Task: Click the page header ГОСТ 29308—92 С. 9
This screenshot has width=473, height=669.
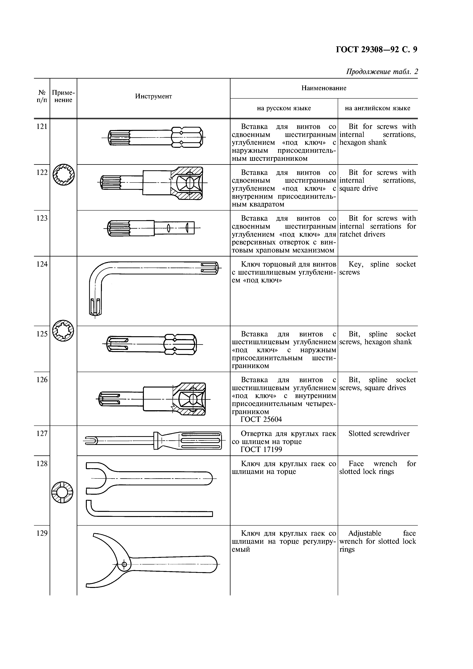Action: click(x=376, y=50)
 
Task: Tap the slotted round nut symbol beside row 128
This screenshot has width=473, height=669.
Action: click(x=62, y=492)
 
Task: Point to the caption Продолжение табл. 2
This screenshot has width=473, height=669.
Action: click(x=382, y=72)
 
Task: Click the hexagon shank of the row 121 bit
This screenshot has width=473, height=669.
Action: click(x=187, y=137)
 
